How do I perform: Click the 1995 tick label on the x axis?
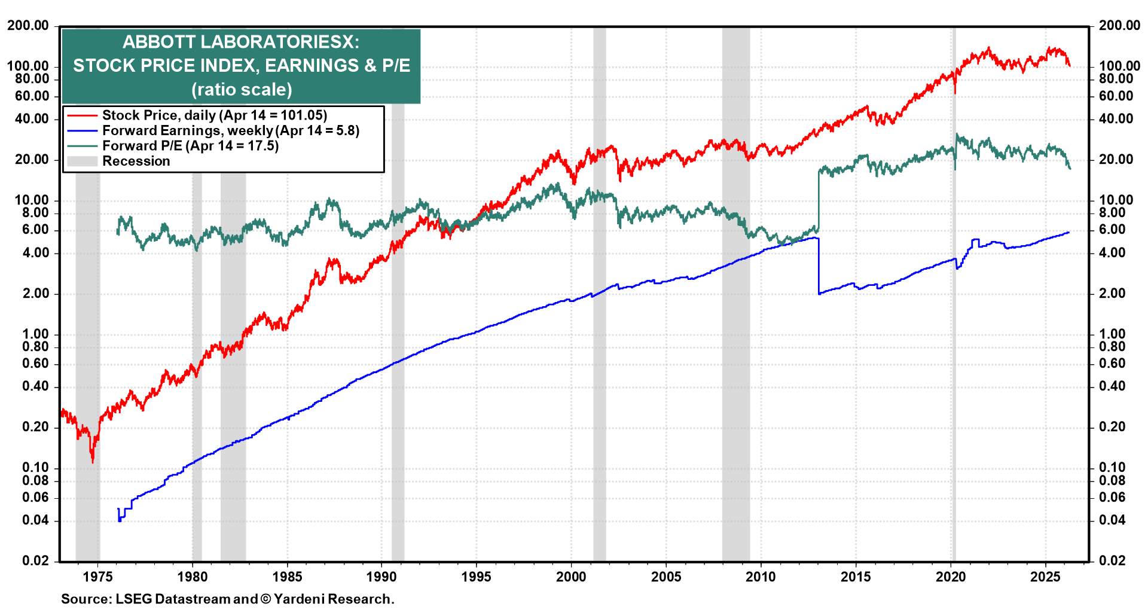[x=476, y=577]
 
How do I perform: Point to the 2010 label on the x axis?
[x=761, y=577]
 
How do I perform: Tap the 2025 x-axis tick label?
[x=1045, y=577]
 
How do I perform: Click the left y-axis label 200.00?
[x=28, y=26]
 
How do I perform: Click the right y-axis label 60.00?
[x=1116, y=96]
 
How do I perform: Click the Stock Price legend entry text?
[x=214, y=115]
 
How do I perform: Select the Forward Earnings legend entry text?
[x=230, y=130]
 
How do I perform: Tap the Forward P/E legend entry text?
[x=190, y=146]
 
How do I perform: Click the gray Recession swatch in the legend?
[x=82, y=161]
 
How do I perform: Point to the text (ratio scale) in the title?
[x=242, y=89]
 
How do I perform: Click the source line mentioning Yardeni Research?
[x=227, y=599]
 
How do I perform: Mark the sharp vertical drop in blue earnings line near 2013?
[x=818, y=266]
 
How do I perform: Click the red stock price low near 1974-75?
[x=93, y=461]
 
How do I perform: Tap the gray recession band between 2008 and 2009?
[x=735, y=359]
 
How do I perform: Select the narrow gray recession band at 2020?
[x=954, y=359]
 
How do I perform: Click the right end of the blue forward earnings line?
[x=1068, y=232]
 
